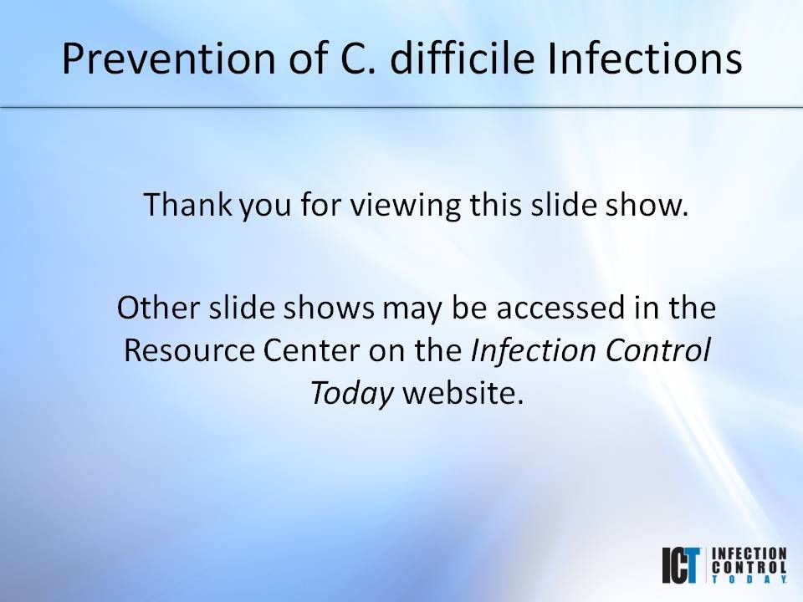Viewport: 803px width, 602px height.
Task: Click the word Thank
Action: tap(180, 205)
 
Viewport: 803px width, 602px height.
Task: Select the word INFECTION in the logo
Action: tap(749, 554)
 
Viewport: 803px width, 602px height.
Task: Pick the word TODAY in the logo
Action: tap(749, 579)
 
